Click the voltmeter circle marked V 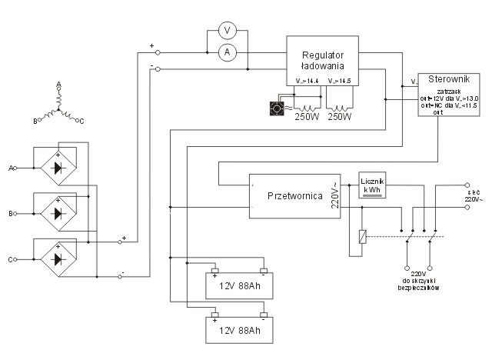[x=227, y=30]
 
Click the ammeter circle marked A [x=227, y=52]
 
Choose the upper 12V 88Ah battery [x=240, y=286]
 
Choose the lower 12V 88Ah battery [x=240, y=331]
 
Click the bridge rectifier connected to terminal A [x=60, y=167]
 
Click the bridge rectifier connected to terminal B [x=60, y=210]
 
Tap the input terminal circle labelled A [x=15, y=167]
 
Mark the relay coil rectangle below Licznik [x=362, y=237]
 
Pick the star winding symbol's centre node [x=58, y=108]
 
